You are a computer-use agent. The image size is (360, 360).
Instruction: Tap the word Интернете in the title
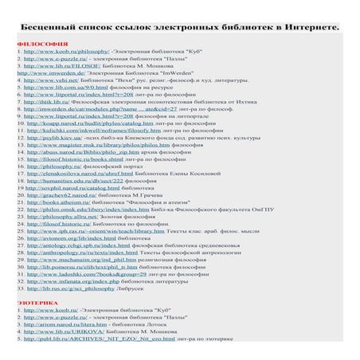coord(307,27)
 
